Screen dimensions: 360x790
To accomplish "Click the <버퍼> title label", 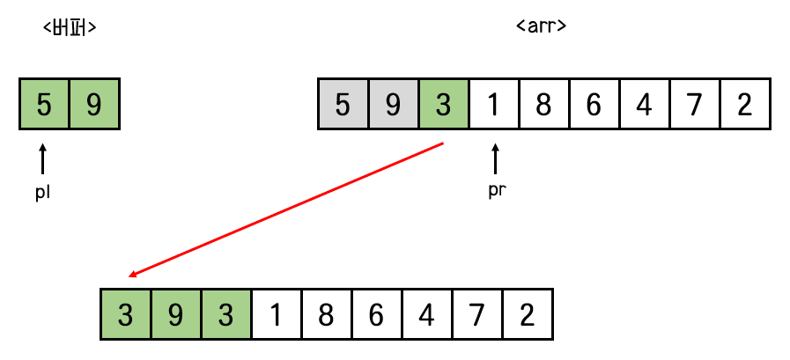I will point(69,27).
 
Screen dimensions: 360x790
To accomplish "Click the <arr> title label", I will point(540,26).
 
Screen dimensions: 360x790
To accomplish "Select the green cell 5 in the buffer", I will point(44,105).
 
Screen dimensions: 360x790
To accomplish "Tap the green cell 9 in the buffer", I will point(93,105).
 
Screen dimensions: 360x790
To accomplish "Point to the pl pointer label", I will point(42,195).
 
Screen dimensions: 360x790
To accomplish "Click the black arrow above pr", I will point(495,159).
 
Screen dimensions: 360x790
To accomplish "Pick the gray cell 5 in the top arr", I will point(343,105).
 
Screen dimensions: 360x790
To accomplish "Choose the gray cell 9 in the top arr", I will point(393,105).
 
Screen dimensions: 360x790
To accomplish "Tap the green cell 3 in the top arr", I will point(443,105).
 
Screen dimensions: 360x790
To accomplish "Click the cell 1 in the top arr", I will point(494,105).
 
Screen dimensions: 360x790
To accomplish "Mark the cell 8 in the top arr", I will point(543,105).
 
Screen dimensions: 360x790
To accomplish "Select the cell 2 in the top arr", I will point(745,105).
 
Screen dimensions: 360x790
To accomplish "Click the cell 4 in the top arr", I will point(644,105).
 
